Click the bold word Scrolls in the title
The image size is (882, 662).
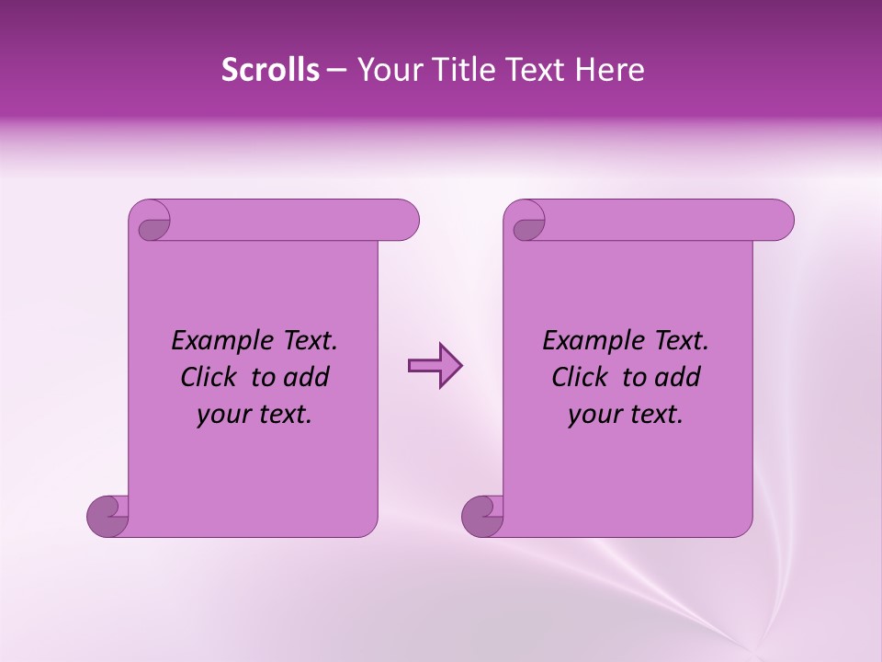point(270,70)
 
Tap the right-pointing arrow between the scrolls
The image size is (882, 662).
point(435,366)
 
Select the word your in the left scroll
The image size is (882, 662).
point(221,415)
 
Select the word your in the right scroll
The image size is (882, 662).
point(593,415)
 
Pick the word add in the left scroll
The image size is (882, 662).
point(307,377)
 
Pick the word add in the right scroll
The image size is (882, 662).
point(678,377)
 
